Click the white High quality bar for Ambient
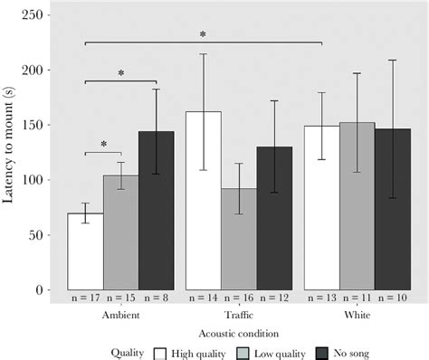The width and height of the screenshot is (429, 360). (85, 251)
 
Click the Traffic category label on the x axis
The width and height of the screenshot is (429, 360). (238, 316)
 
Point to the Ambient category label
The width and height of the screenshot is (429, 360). (120, 316)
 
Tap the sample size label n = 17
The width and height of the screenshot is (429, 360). (85, 298)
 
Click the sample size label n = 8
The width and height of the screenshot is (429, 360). (156, 298)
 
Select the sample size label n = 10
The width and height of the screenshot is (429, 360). (392, 298)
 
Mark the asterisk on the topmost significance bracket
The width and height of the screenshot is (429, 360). (203, 35)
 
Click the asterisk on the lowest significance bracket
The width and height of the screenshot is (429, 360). (103, 144)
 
